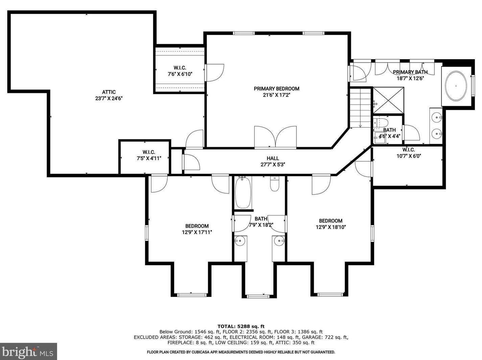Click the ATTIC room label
109,92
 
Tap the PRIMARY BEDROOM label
276,88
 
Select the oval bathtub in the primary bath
456,86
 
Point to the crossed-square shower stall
388,101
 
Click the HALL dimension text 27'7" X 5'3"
273,164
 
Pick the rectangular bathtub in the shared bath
243,192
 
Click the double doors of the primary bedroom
275,137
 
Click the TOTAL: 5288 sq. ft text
241,327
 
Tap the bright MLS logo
28,352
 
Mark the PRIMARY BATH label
410,72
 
